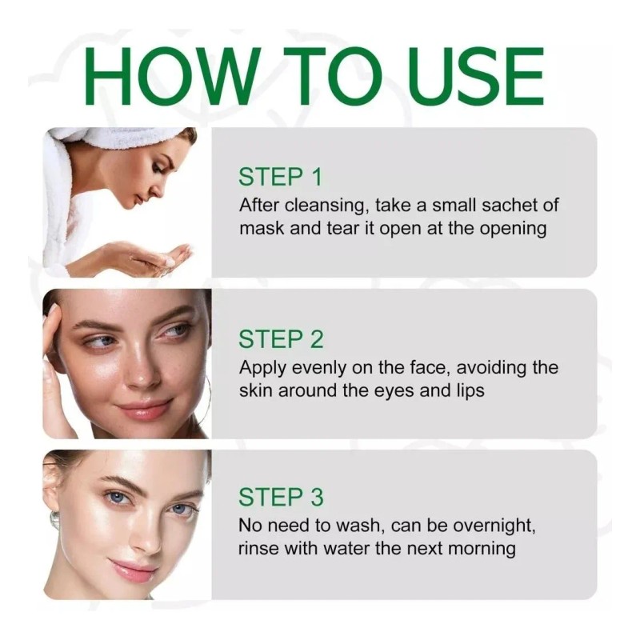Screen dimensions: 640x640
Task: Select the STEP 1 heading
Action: coord(280,177)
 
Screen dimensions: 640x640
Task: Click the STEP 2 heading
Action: coord(280,339)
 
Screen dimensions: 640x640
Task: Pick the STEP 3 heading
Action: coord(280,498)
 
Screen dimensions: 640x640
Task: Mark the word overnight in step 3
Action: coord(492,526)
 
